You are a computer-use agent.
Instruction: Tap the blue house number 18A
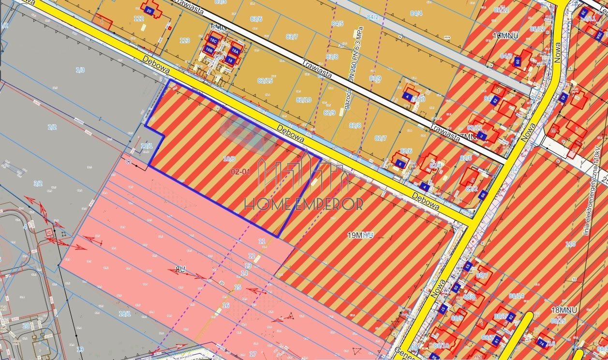pyautogui.click(x=235, y=50)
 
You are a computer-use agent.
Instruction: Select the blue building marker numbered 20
pyautogui.click(x=148, y=10)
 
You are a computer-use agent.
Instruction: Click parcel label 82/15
pyautogui.click(x=265, y=80)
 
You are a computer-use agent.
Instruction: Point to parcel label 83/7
pyautogui.click(x=292, y=37)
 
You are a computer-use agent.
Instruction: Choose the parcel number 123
pyautogui.click(x=184, y=41)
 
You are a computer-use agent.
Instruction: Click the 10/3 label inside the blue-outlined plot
pyautogui.click(x=229, y=159)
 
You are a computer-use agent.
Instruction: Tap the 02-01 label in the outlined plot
pyautogui.click(x=241, y=171)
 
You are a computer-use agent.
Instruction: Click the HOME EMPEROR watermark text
pyautogui.click(x=303, y=204)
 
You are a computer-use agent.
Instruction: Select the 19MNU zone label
pyautogui.click(x=360, y=236)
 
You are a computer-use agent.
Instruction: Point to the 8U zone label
pyautogui.click(x=180, y=270)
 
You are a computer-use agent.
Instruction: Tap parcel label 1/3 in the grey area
pyautogui.click(x=80, y=70)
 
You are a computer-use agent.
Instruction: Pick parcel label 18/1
pyautogui.click(x=125, y=314)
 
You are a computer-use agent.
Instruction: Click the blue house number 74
pyautogui.click(x=541, y=343)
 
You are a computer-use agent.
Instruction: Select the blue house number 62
pyautogui.click(x=494, y=101)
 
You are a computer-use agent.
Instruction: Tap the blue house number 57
pyautogui.click(x=441, y=309)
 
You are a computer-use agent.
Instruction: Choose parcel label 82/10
pyautogui.click(x=303, y=100)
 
